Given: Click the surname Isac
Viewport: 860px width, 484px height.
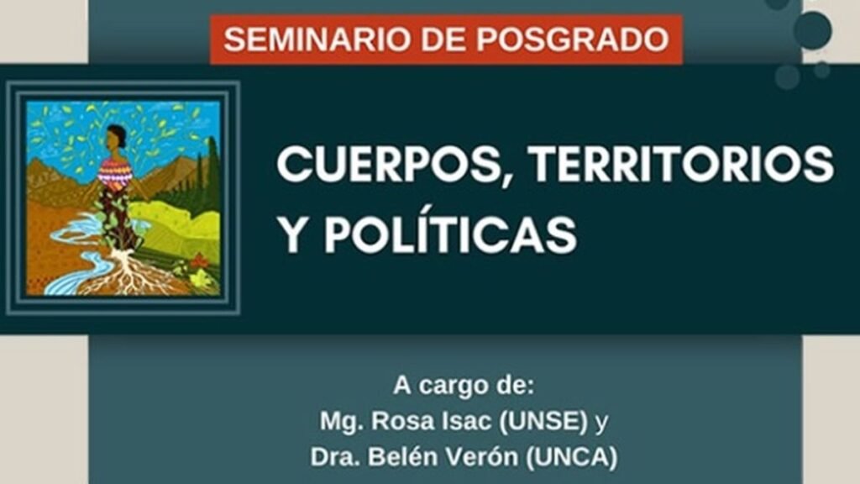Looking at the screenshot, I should pyautogui.click(x=447, y=422).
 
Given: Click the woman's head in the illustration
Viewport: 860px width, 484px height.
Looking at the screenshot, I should pyautogui.click(x=116, y=137).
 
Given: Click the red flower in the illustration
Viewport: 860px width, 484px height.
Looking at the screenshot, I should pyautogui.click(x=199, y=262).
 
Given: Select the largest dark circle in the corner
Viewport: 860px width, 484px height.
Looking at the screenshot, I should pyautogui.click(x=812, y=30).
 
